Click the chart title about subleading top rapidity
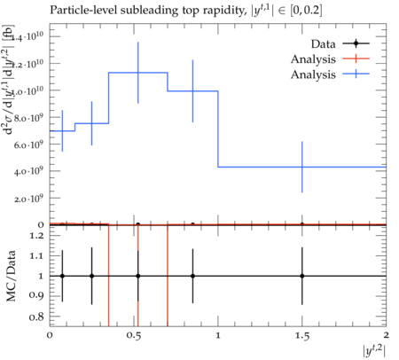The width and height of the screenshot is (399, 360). click(186, 11)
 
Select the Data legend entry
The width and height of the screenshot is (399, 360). click(340, 44)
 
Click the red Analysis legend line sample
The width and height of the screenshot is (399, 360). click(356, 59)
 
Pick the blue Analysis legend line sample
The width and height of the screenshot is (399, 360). click(356, 74)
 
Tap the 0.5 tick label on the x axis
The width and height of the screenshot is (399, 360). click(134, 335)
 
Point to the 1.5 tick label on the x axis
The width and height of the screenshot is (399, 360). click(302, 335)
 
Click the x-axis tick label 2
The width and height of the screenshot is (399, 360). click(386, 335)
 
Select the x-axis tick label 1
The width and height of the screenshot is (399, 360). click(218, 335)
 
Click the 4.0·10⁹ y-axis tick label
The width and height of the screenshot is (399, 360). click(28, 171)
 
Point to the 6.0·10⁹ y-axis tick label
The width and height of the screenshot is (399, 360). click(28, 145)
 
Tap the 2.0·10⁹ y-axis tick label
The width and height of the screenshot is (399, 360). click(28, 198)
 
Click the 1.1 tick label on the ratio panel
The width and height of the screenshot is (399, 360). click(36, 255)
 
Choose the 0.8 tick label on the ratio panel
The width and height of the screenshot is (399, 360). click(36, 317)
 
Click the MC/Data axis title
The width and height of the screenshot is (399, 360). click(11, 276)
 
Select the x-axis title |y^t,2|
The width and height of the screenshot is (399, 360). click(374, 351)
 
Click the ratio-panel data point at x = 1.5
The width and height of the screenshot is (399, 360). click(302, 276)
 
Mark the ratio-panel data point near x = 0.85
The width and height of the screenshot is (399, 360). click(192, 276)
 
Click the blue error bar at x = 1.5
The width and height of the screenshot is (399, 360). click(302, 167)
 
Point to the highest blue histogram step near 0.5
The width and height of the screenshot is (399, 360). click(138, 73)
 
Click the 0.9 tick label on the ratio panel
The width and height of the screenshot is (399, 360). click(36, 295)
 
